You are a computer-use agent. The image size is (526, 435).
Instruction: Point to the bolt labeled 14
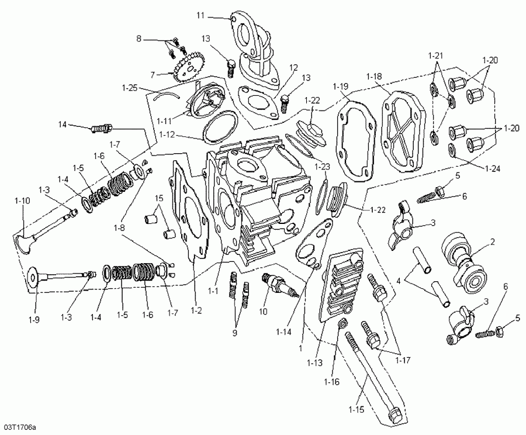click(x=102, y=127)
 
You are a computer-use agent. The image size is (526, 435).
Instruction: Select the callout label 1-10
click(x=22, y=201)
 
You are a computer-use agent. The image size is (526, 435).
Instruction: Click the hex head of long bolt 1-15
click(x=394, y=414)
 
